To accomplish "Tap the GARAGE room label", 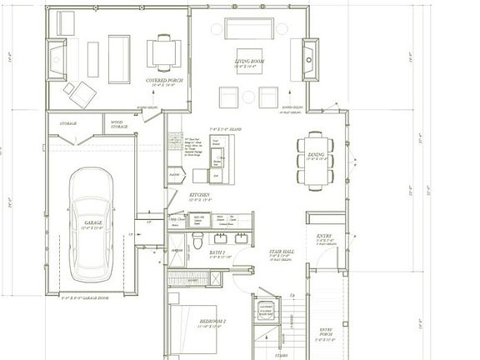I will (92, 223).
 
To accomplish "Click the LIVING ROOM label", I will (245, 62).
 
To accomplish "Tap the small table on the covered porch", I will (163, 52).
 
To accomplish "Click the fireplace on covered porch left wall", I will (57, 59).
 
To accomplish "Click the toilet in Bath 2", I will (198, 239).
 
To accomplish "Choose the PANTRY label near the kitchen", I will (175, 176).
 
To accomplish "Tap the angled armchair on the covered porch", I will (81, 93).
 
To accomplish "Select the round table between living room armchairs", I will (248, 97).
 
